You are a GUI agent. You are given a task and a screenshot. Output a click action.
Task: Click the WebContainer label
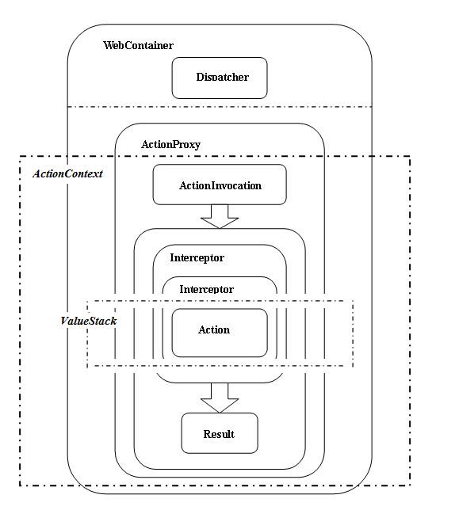[x=138, y=45]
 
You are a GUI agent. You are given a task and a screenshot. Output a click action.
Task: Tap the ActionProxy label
[x=170, y=145]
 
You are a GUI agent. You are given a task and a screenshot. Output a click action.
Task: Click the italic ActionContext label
[x=67, y=173]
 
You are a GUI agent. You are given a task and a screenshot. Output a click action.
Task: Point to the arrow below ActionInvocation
[x=220, y=216]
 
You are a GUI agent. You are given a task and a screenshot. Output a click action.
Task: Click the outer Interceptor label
[x=197, y=258]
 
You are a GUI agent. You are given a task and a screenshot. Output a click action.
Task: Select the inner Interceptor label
[x=206, y=289]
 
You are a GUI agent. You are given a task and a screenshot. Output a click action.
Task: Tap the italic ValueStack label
[x=89, y=321]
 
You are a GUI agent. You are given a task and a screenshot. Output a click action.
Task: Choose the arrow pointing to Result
[x=220, y=398]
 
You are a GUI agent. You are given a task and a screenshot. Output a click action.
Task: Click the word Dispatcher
[x=223, y=77]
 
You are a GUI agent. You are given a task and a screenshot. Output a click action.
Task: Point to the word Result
[x=219, y=434]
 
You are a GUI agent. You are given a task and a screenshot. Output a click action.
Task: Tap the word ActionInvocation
[x=220, y=185]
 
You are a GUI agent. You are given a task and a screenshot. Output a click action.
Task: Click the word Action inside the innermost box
[x=214, y=329]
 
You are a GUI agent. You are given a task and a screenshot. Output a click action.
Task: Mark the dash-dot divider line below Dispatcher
[x=220, y=107]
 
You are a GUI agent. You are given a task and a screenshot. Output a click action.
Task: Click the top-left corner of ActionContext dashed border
[x=20, y=156]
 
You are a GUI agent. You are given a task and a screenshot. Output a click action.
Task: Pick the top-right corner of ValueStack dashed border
[x=353, y=301]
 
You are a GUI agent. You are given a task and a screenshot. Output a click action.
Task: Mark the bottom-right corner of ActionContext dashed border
[x=410, y=485]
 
